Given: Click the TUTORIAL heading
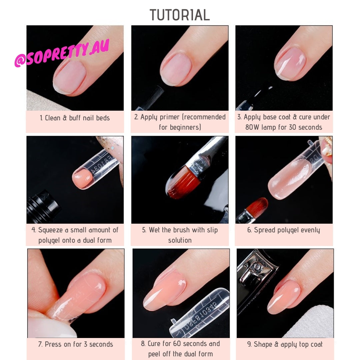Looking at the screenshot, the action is click(x=180, y=15).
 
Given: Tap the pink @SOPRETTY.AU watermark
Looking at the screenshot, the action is click(x=62, y=54).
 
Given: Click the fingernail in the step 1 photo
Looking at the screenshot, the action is click(x=69, y=78).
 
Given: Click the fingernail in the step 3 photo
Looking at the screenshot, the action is click(x=290, y=64).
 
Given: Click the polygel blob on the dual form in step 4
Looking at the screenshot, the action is click(x=82, y=179).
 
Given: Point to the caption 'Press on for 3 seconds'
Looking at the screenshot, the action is click(x=76, y=344).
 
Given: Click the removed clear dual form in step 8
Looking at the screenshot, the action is click(x=200, y=313).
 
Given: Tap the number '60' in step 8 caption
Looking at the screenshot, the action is click(x=177, y=343).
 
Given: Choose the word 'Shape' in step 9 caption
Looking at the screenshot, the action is click(x=263, y=344).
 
